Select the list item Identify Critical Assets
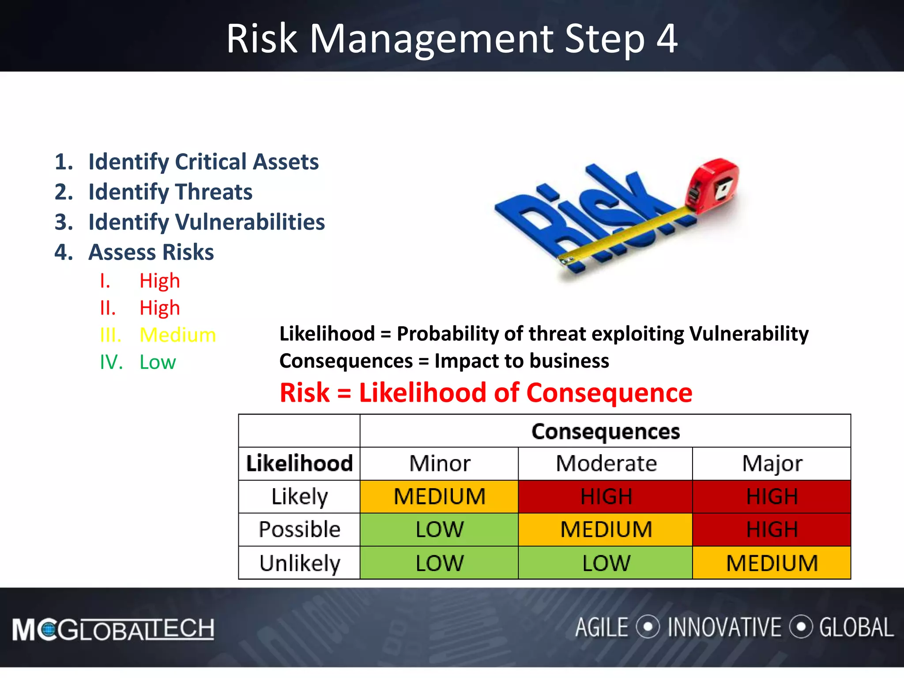click(x=203, y=162)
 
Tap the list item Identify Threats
click(x=170, y=192)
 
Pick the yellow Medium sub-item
click(x=177, y=335)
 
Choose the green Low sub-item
click(x=158, y=362)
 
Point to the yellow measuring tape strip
click(x=627, y=234)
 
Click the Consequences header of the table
click(x=605, y=431)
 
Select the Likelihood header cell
click(x=299, y=463)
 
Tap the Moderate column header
click(x=606, y=463)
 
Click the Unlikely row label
click(x=299, y=563)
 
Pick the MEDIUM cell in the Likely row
click(x=439, y=497)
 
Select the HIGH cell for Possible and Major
click(x=772, y=530)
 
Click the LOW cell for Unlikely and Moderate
click(x=606, y=563)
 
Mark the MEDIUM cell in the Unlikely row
click(x=772, y=563)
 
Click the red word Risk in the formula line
click(x=305, y=393)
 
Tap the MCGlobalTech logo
click(x=113, y=629)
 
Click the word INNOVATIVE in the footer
click(x=724, y=628)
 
